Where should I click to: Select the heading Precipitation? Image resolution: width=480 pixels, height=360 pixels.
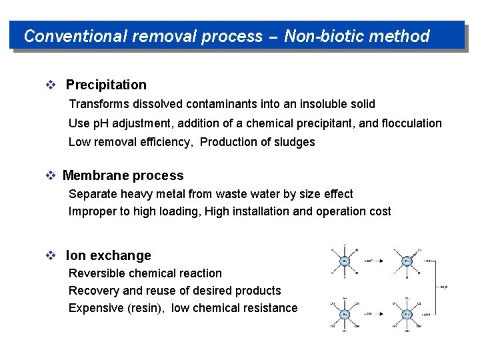click(106, 85)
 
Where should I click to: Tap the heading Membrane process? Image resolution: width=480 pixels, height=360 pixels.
click(123, 176)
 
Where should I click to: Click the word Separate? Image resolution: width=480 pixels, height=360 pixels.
click(93, 194)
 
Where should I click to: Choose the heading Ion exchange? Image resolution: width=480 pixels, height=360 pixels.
click(108, 255)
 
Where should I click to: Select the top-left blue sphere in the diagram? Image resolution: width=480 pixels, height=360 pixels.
click(344, 261)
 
